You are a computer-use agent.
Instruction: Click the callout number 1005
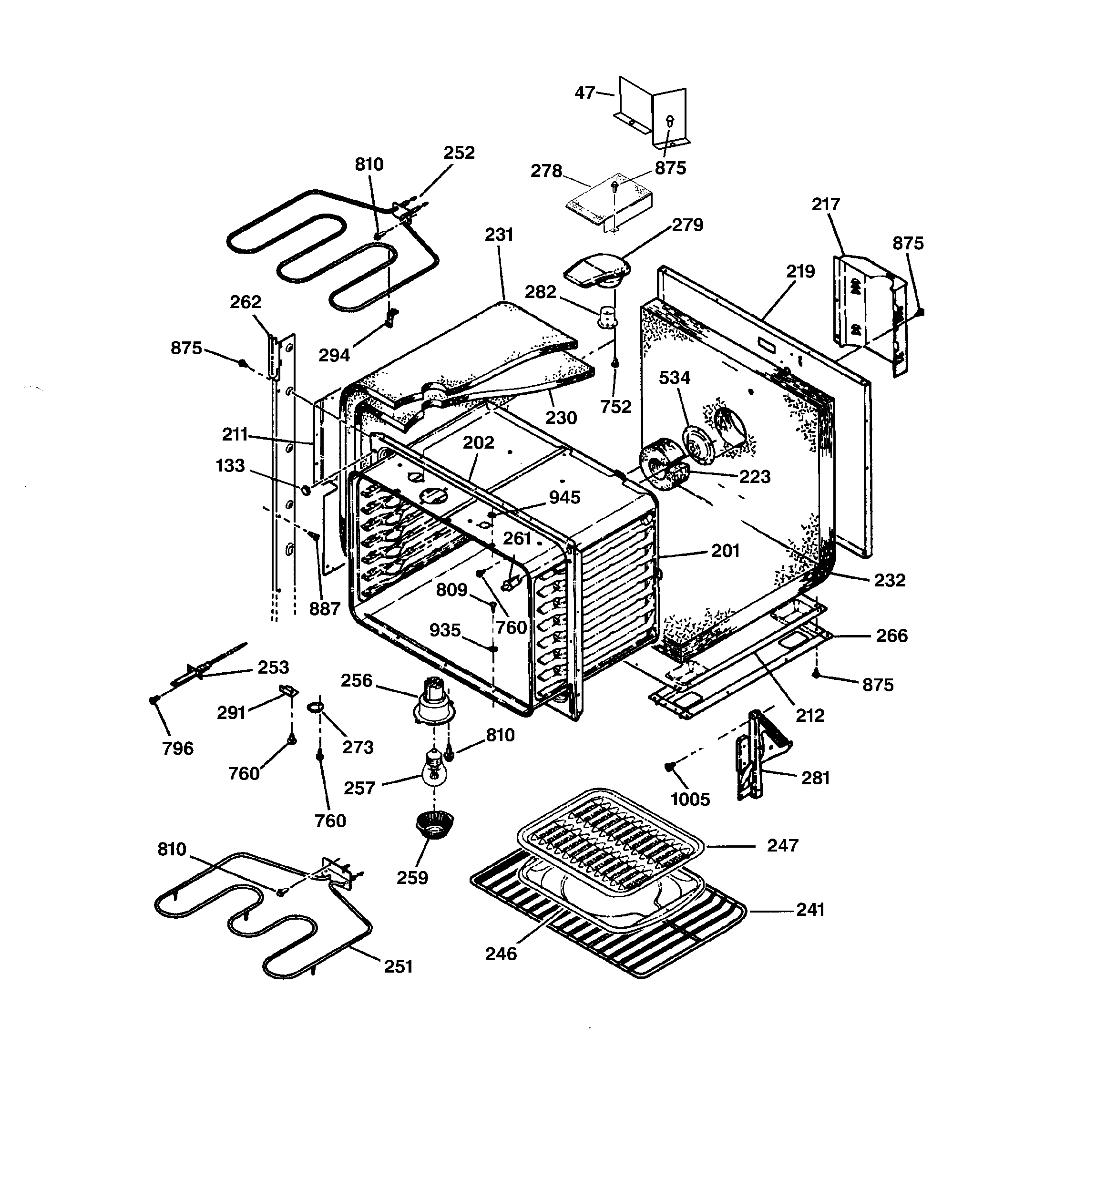690,800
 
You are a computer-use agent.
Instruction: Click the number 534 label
675,378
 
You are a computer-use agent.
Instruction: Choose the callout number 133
230,466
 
